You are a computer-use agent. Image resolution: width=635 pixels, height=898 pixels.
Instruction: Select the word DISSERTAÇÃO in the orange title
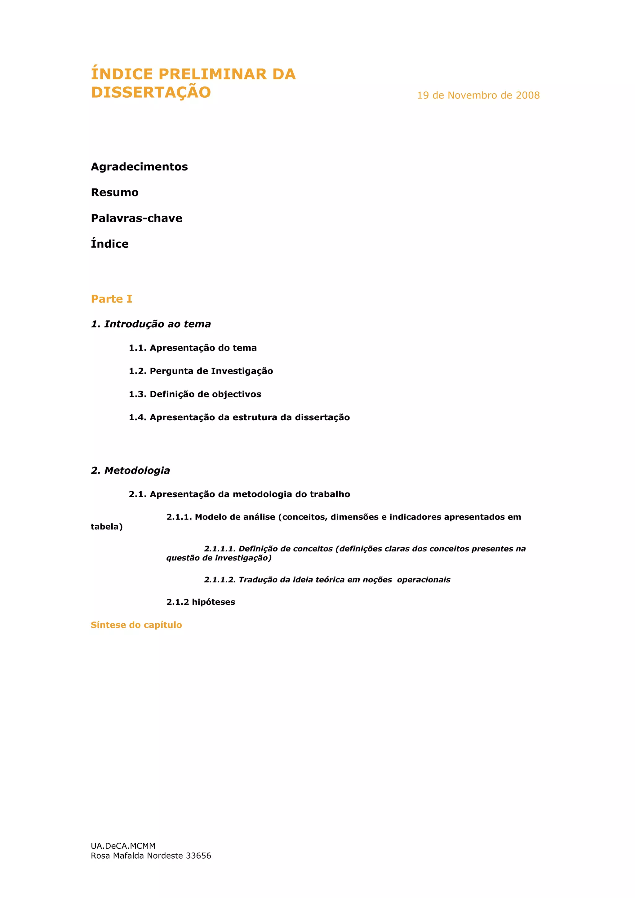[151, 93]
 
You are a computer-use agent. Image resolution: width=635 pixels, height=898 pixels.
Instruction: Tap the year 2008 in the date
[527, 95]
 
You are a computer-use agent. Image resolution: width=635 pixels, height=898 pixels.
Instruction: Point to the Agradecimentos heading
[139, 167]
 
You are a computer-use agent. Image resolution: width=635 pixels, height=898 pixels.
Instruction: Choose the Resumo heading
[115, 192]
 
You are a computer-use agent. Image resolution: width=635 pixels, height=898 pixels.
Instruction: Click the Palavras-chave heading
[136, 218]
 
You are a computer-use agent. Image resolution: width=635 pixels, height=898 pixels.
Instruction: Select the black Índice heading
[109, 244]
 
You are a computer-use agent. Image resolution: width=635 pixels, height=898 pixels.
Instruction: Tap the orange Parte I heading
[112, 299]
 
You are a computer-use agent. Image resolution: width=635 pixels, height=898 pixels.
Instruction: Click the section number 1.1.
[138, 348]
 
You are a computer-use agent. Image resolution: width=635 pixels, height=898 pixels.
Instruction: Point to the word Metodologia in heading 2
[137, 471]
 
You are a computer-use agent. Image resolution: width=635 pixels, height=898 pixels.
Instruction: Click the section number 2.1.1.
[179, 517]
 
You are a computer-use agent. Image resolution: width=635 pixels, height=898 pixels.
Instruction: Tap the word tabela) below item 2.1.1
[107, 527]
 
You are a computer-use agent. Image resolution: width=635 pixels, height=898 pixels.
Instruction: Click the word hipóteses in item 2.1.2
[213, 602]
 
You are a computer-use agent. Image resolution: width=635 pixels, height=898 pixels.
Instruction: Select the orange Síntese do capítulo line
[136, 625]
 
